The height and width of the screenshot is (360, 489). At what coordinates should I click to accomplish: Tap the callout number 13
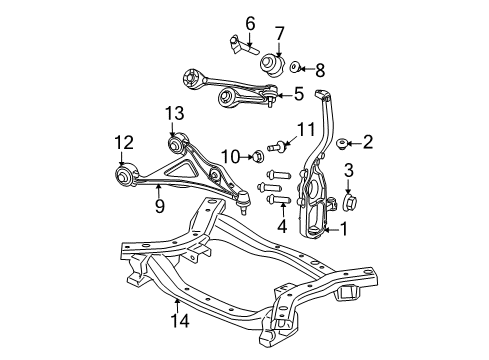176,114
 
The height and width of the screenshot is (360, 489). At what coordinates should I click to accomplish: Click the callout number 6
250,22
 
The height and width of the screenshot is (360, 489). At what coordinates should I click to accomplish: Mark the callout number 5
297,95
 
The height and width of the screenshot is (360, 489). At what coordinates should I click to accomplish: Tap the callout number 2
367,143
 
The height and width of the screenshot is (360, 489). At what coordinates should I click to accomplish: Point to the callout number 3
349,170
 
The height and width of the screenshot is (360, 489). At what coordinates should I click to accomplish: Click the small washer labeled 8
295,69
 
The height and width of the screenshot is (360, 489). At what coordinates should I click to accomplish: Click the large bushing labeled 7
271,67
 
